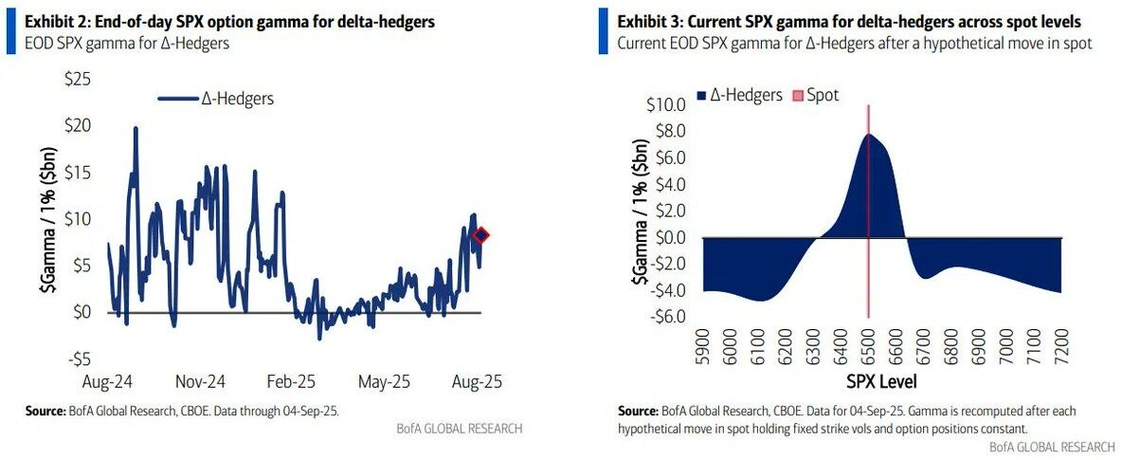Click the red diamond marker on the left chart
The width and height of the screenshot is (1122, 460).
[480, 235]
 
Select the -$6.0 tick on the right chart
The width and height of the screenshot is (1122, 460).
[665, 315]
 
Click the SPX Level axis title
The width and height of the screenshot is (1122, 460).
[881, 381]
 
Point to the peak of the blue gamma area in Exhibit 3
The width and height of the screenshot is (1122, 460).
[870, 135]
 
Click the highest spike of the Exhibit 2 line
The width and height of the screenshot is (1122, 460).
[136, 128]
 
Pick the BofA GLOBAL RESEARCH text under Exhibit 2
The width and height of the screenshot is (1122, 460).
[459, 429]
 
